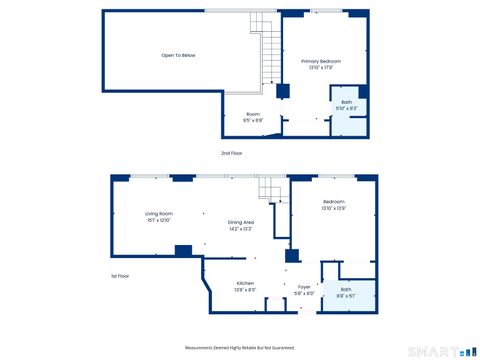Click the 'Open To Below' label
178,55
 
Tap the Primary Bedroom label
321,61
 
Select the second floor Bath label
346,102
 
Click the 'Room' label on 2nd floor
253,114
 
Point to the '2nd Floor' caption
232,153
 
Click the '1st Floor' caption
121,275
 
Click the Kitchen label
245,284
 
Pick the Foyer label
304,287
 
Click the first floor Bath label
345,290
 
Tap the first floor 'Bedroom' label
333,202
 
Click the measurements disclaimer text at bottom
240,347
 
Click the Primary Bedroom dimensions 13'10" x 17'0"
321,67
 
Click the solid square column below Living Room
183,250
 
